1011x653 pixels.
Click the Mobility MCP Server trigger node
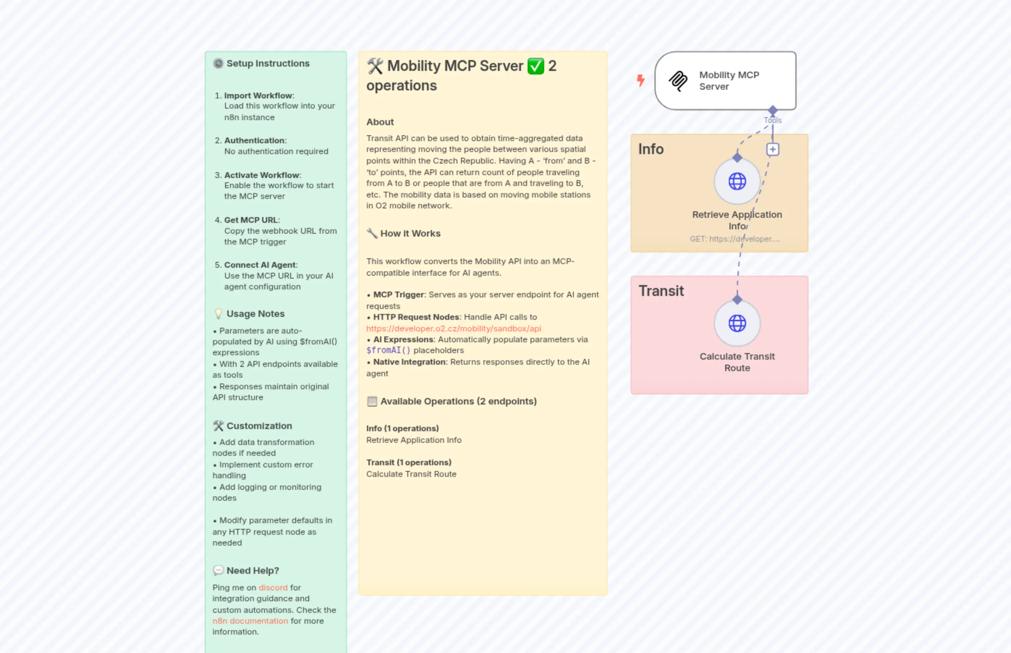pyautogui.click(x=725, y=81)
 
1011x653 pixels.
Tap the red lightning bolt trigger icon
pyautogui.click(x=640, y=80)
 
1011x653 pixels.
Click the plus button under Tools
pyautogui.click(x=773, y=149)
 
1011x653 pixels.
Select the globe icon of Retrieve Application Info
pyautogui.click(x=737, y=182)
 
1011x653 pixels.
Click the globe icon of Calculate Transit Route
pyautogui.click(x=737, y=323)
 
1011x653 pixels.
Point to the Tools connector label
pyautogui.click(x=773, y=120)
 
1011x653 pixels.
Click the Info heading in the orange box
pyautogui.click(x=651, y=149)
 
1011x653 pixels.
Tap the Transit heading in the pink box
pyautogui.click(x=661, y=291)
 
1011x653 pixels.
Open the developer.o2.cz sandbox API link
pyautogui.click(x=453, y=328)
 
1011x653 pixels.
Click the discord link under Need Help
pyautogui.click(x=273, y=588)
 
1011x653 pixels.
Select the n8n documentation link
pyautogui.click(x=250, y=621)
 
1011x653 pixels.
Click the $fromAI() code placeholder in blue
pyautogui.click(x=388, y=351)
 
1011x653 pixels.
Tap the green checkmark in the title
pyautogui.click(x=536, y=66)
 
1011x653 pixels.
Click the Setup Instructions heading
pyautogui.click(x=268, y=64)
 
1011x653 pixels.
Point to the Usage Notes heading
pyautogui.click(x=255, y=314)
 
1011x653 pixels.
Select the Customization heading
pyautogui.click(x=259, y=426)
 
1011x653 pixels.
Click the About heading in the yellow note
pyautogui.click(x=380, y=122)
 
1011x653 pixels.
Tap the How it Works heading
pyautogui.click(x=410, y=234)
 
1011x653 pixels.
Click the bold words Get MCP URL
pyautogui.click(x=251, y=220)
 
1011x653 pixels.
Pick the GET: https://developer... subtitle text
pyautogui.click(x=735, y=239)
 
